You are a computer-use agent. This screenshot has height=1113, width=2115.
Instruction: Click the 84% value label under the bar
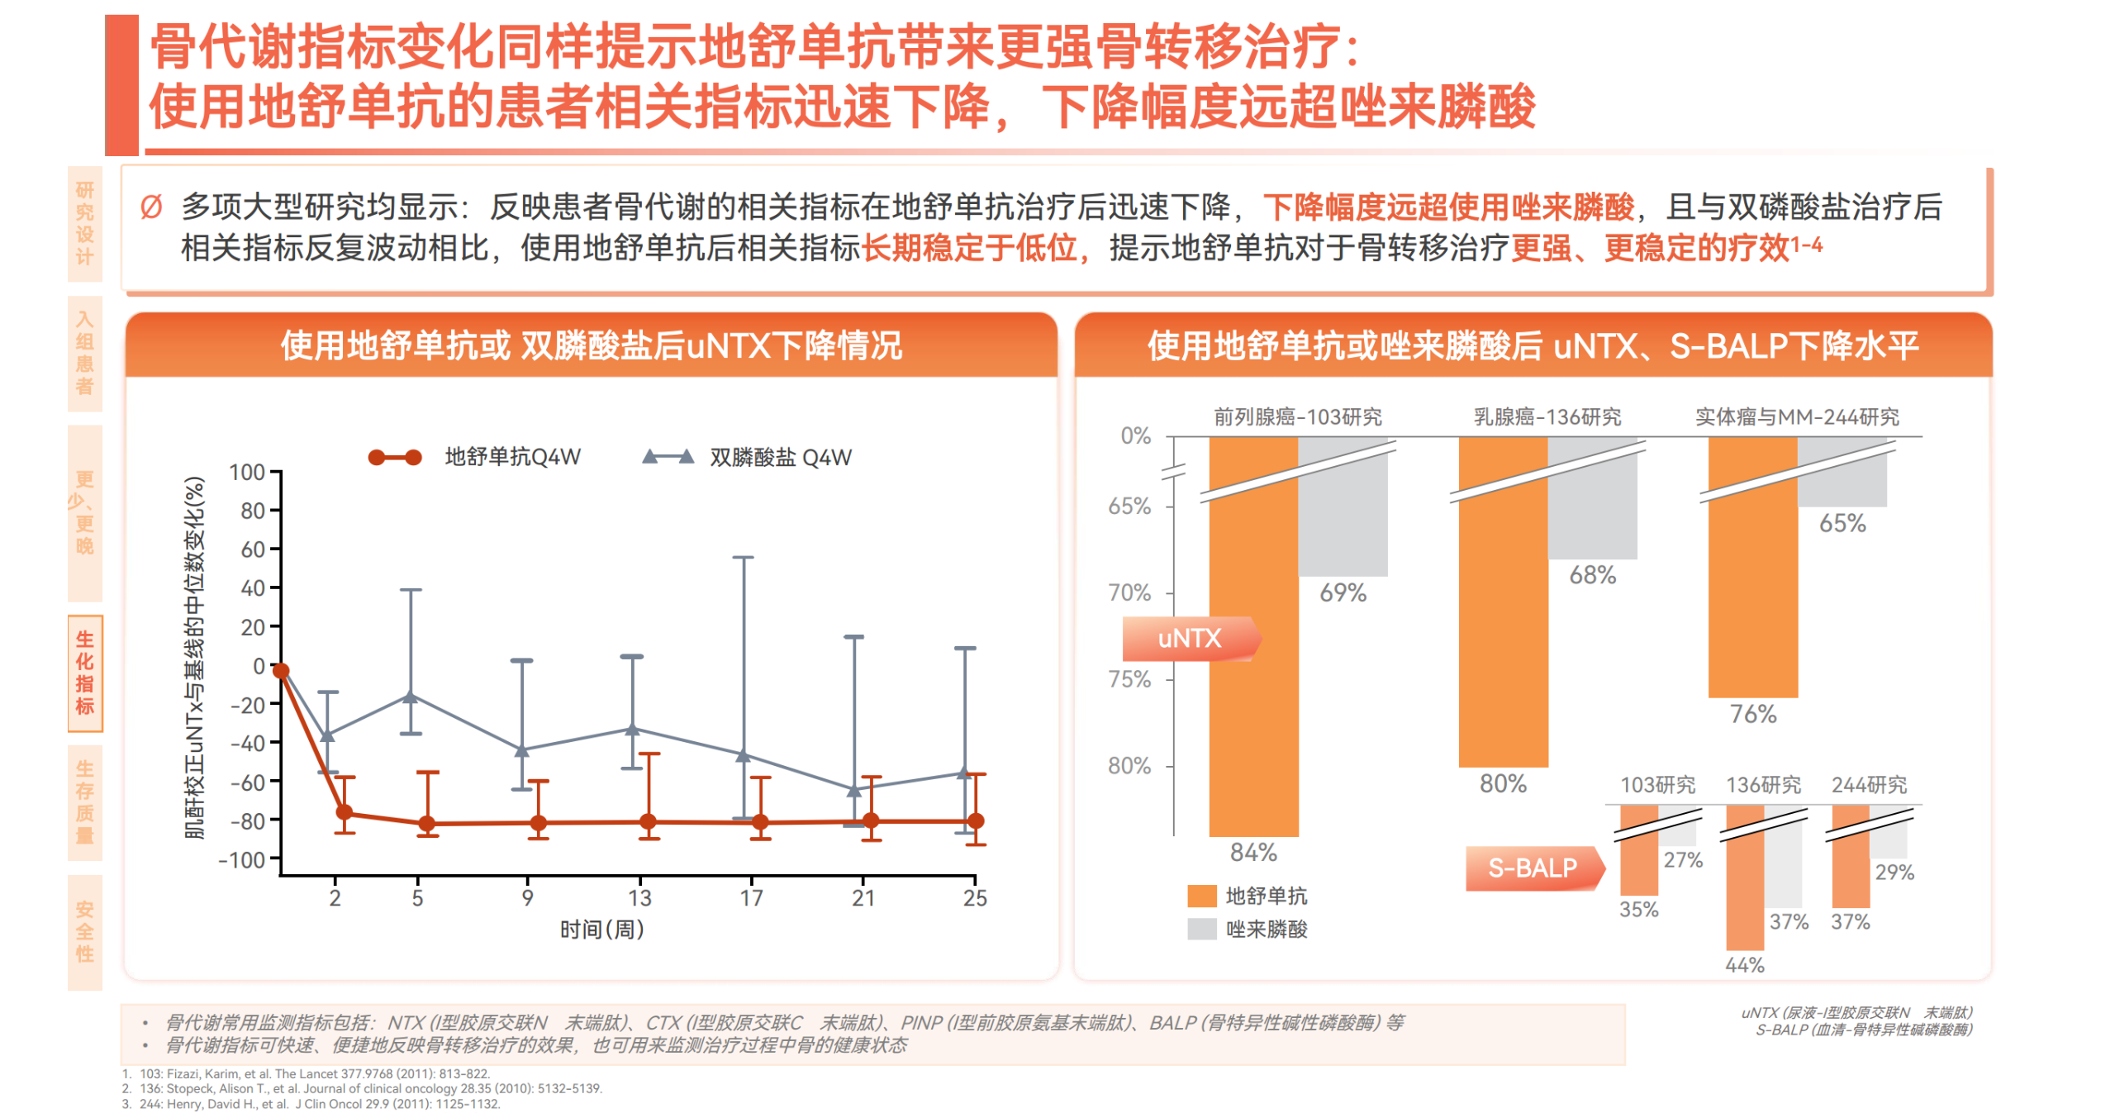click(x=1252, y=852)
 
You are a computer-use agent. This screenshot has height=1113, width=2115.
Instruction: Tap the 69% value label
click(x=1343, y=592)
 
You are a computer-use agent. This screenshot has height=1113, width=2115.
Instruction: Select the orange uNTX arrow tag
click(x=1190, y=638)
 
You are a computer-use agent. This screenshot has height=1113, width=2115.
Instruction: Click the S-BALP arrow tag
click(x=1533, y=868)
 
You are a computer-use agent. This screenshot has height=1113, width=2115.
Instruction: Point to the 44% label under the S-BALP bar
click(x=1744, y=965)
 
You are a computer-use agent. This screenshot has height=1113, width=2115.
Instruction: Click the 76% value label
click(x=1753, y=714)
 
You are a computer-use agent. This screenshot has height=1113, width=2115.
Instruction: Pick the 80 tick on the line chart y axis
click(x=253, y=511)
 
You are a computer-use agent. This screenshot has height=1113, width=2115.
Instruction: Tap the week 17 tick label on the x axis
click(x=751, y=898)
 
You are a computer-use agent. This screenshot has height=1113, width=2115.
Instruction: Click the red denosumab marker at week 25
click(x=976, y=820)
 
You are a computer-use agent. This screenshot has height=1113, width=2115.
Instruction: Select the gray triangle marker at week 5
click(x=411, y=696)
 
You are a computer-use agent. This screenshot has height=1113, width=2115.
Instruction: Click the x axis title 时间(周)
click(x=601, y=930)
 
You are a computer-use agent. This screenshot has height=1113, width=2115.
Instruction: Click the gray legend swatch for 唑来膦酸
click(x=1202, y=929)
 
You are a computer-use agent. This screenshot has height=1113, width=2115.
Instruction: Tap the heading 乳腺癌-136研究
click(x=1547, y=416)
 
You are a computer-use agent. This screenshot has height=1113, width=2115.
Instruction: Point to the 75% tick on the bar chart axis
click(x=1129, y=679)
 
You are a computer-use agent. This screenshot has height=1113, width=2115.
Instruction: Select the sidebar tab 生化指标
click(x=85, y=673)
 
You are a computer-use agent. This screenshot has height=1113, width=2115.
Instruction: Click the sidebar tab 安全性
click(x=85, y=932)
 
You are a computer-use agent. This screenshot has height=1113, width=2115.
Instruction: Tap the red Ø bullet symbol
click(x=151, y=207)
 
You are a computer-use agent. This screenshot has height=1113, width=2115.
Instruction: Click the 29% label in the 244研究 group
click(x=1894, y=873)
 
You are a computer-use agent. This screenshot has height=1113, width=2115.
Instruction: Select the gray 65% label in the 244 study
click(x=1842, y=523)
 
